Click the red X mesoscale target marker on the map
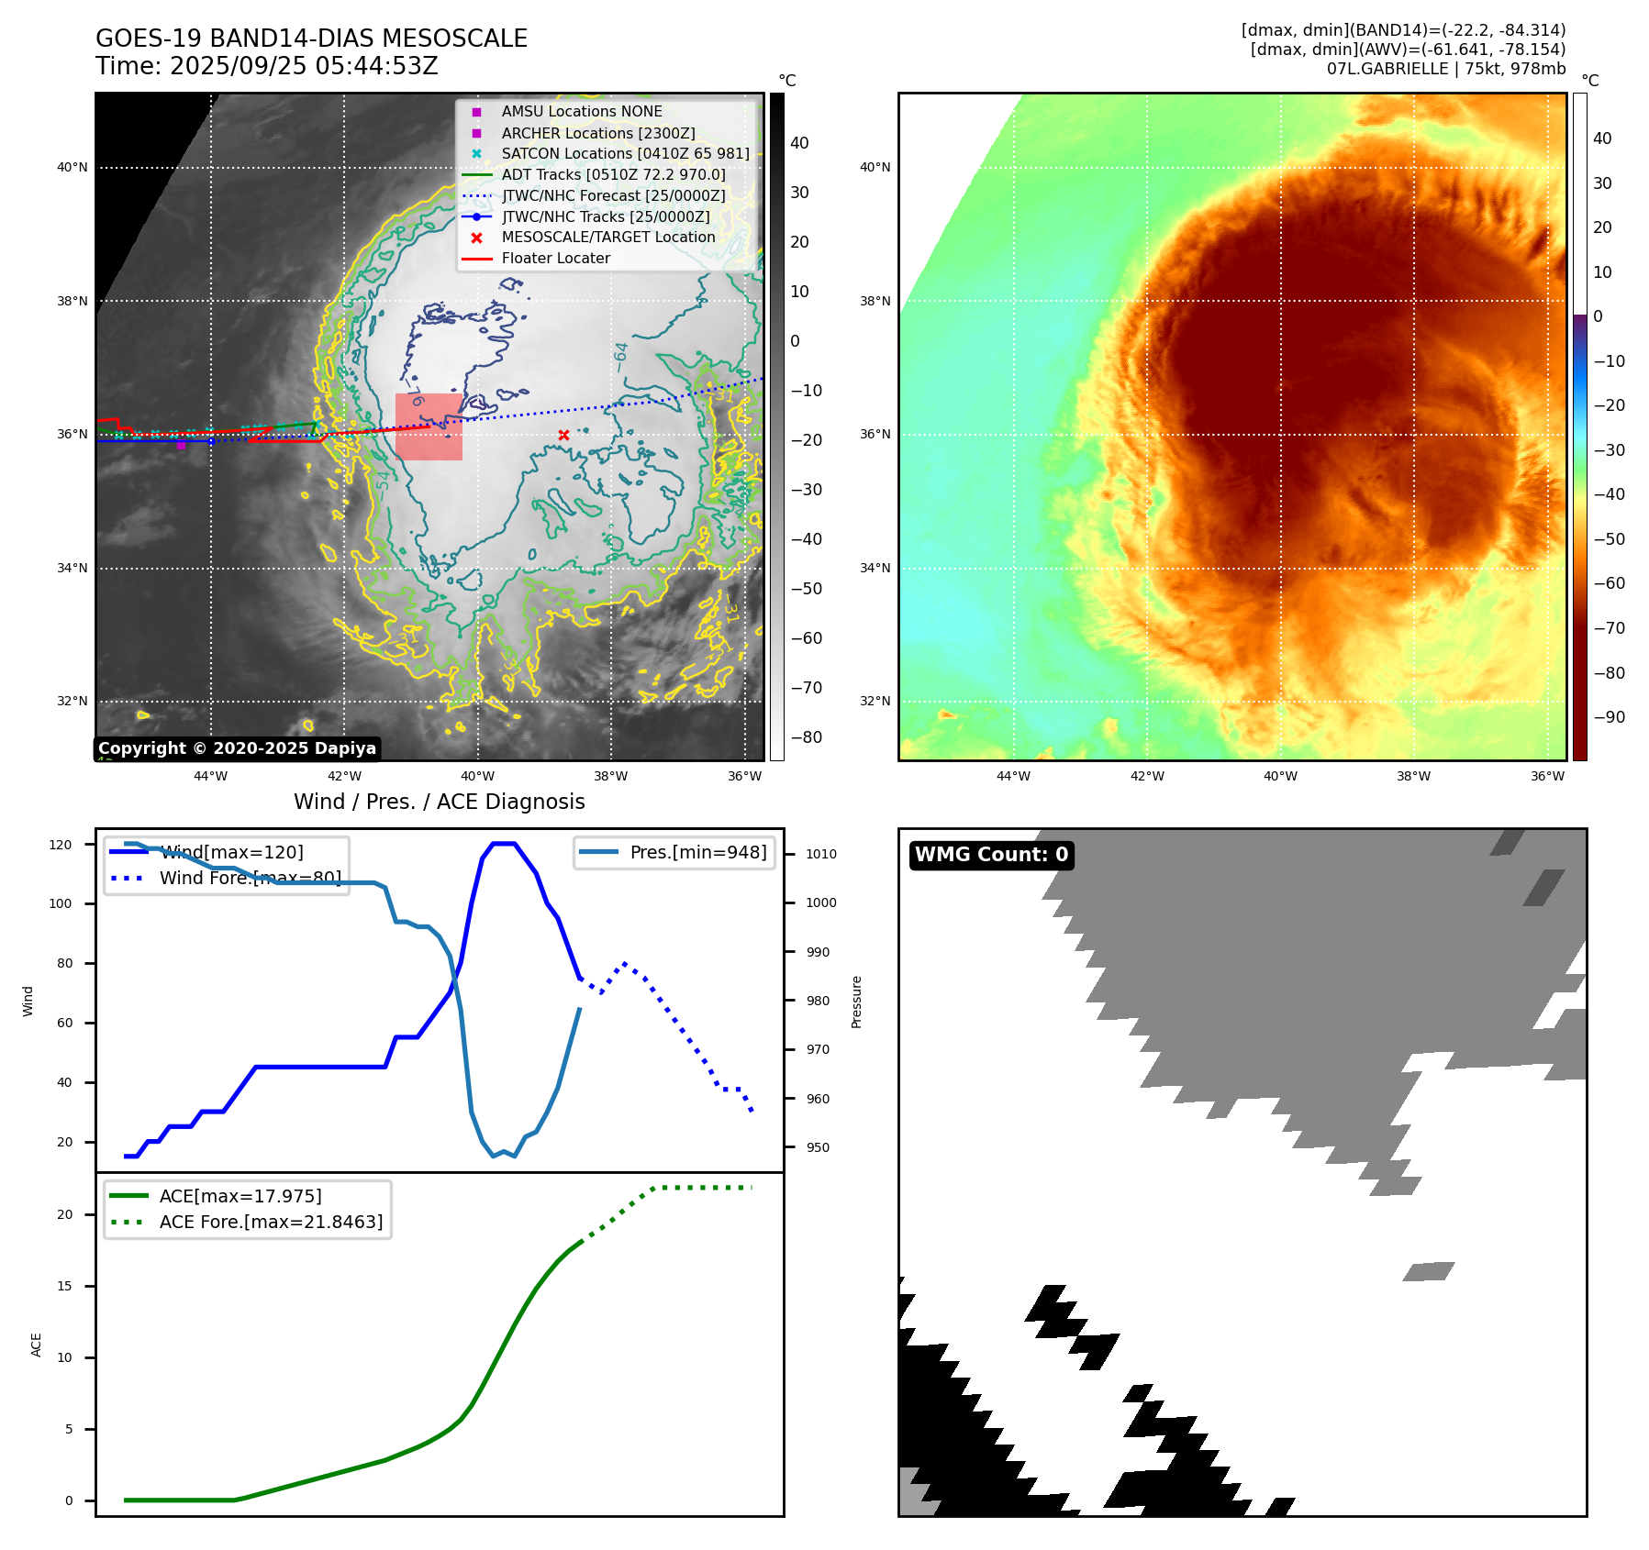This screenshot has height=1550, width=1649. pos(563,436)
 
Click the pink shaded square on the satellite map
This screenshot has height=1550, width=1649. pos(429,426)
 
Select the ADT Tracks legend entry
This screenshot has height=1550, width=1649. pos(613,174)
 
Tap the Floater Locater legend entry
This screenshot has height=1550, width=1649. pos(555,259)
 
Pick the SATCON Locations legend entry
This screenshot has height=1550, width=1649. pos(625,153)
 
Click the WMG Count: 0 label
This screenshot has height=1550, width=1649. pos(991,855)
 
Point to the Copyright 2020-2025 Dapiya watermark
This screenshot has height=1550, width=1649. pos(237,748)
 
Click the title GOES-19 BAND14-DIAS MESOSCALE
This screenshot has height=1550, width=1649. pos(311,39)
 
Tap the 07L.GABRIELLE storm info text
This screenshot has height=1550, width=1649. pos(1445,69)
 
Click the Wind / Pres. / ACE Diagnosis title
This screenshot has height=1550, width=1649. pos(439,802)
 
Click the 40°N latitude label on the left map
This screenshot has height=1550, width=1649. pos(72,167)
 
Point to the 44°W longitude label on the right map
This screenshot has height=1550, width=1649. pos(1013,776)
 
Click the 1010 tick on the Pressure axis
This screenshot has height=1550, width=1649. pos(821,854)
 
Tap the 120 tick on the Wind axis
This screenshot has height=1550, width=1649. pos(61,845)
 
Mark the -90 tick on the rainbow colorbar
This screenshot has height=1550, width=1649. pos(1609,717)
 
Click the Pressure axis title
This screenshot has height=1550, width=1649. pos(856,1002)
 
